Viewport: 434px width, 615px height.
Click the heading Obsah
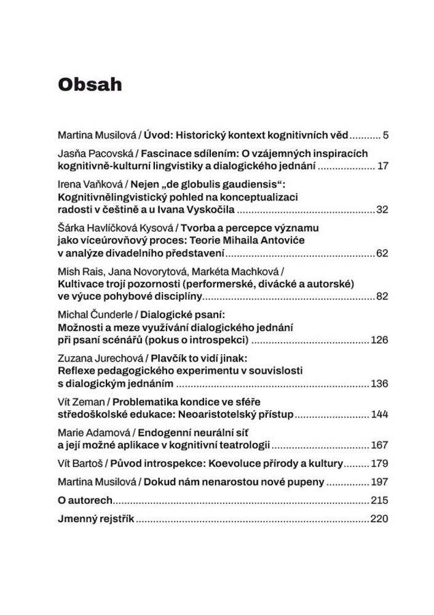tap(90, 84)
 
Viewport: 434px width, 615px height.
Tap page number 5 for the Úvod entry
tap(385, 135)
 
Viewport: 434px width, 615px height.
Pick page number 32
tap(382, 210)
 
